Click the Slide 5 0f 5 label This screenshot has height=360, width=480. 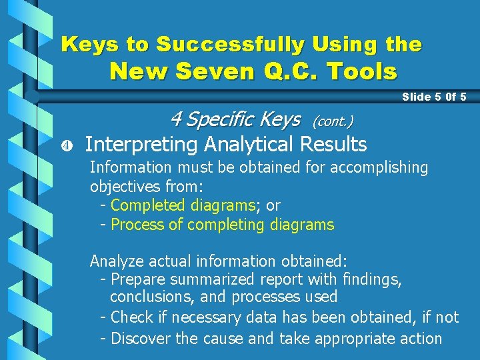434,97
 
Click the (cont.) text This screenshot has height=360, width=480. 332,121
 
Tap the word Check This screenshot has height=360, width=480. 131,317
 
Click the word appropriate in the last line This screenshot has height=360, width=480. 355,339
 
